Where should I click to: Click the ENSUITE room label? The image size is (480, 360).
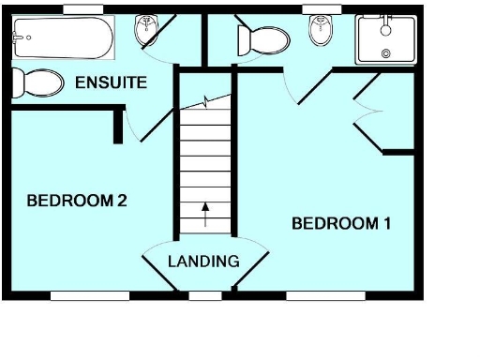click(x=111, y=83)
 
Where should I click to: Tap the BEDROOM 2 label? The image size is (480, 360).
click(x=77, y=200)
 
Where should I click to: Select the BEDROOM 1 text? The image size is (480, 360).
click(x=341, y=223)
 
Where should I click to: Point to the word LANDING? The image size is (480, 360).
click(x=203, y=261)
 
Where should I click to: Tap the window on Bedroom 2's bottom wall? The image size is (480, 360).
click(x=90, y=296)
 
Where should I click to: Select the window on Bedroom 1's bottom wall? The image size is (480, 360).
click(x=325, y=296)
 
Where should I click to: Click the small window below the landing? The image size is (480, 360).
click(x=205, y=296)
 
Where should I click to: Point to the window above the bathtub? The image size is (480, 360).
click(x=82, y=9)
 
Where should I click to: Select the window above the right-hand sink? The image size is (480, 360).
click(x=322, y=9)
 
